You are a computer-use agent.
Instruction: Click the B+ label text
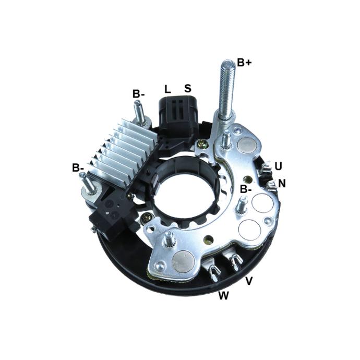click(244, 63)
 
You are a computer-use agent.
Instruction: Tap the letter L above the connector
click(167, 89)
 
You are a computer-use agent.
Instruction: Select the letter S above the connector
click(188, 88)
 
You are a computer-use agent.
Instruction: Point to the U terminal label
click(278, 166)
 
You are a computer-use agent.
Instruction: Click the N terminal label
click(282, 184)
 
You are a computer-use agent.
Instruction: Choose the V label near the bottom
click(249, 281)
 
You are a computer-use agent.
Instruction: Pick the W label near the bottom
click(224, 295)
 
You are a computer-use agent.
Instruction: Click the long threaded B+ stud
click(227, 90)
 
